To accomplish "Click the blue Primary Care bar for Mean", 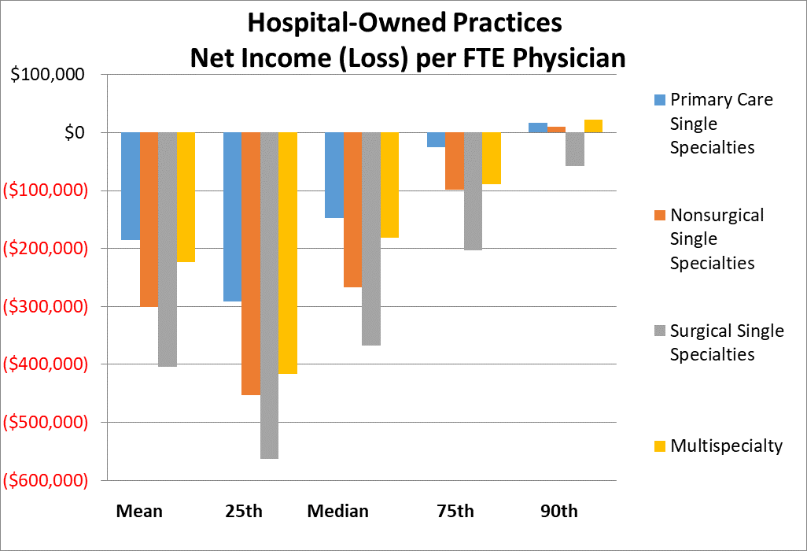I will pos(130,186).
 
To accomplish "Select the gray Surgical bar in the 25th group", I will pos(270,295).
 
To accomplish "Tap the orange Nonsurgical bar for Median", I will pos(352,209).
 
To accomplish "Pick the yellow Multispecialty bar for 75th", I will pos(492,158).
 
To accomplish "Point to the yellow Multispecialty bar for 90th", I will pos(593,126).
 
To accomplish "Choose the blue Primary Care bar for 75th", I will pos(436,139).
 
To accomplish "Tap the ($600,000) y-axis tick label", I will pos(45,480).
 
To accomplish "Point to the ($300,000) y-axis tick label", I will pos(45,306).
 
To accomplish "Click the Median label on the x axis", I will pos(337,511).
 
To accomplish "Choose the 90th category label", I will pos(558,511).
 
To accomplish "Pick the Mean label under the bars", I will pos(139,511).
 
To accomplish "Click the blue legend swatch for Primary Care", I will pos(659,100).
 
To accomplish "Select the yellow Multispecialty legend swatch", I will pos(659,446).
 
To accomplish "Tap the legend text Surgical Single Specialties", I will pos(726,342).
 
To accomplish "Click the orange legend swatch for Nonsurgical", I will pos(659,215).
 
